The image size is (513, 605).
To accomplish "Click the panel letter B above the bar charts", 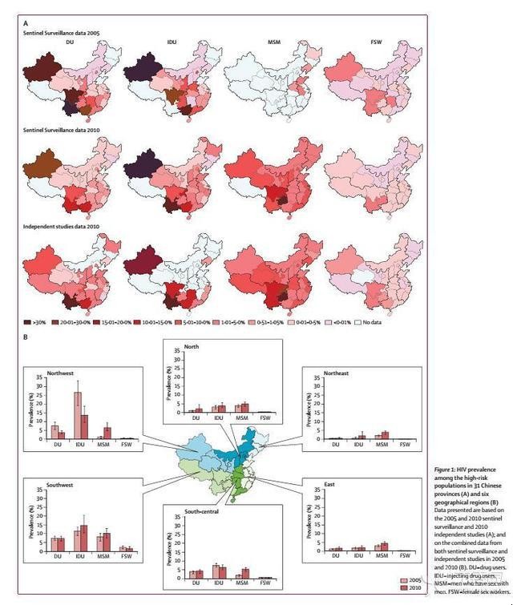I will coord(26,336).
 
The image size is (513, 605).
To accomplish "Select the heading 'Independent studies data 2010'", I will coord(60,226).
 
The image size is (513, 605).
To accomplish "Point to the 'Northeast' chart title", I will coord(327,373).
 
